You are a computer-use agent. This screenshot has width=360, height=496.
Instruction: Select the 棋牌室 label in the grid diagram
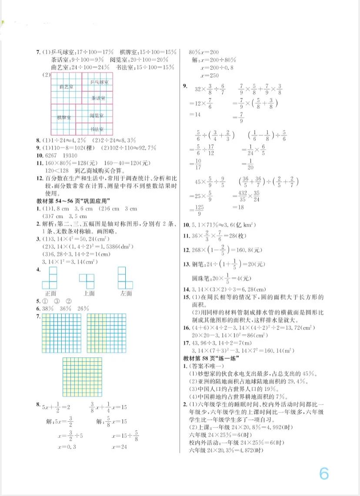coord(64,118)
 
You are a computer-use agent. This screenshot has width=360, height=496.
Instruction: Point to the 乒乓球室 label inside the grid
coord(99,82)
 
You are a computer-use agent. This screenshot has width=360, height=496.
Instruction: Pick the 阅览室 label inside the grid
coord(97,116)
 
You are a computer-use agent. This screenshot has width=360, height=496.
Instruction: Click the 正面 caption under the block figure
coord(51,293)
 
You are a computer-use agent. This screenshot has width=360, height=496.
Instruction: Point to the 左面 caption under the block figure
coord(126,293)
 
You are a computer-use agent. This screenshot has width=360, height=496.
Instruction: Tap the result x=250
coord(210,75)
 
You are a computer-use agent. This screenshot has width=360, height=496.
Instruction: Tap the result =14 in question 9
coord(194,114)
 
